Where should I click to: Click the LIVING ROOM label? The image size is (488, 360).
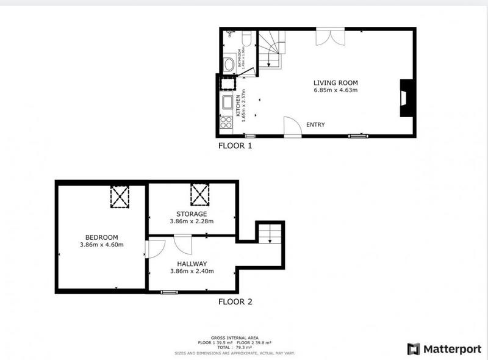point(335,82)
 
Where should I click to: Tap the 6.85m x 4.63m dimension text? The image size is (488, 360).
point(335,90)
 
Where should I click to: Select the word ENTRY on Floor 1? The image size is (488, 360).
point(315,125)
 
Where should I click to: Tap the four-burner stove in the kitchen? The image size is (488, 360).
point(226,122)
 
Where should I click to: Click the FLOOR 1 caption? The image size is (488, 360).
point(235,146)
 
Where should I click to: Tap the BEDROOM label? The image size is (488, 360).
point(102,237)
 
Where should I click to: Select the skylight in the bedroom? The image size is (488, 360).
point(120,196)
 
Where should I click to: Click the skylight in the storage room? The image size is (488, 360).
point(199,195)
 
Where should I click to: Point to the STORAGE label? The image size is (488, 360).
point(192,214)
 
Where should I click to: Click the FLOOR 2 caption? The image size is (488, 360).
point(235,301)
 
